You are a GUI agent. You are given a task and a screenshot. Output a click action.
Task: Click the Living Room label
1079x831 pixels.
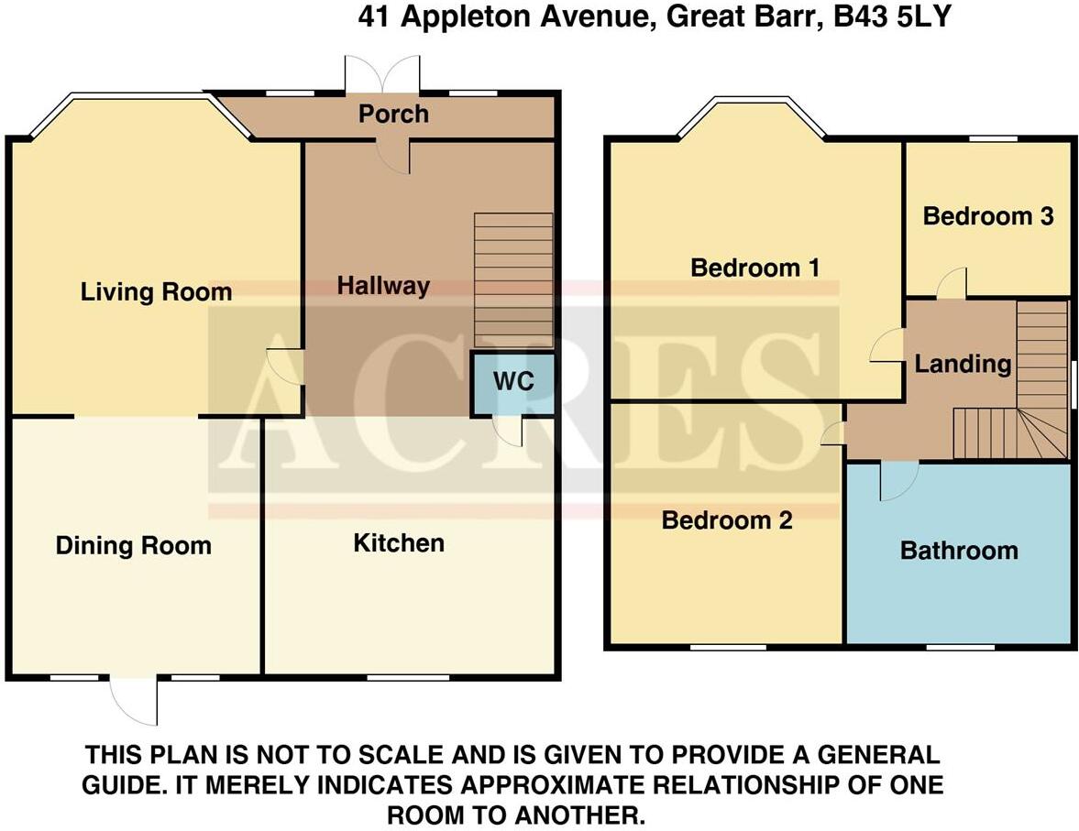tap(156, 292)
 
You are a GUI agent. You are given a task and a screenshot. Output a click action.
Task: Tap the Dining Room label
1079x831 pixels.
tap(134, 546)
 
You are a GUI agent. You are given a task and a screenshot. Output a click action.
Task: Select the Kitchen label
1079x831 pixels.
tap(399, 542)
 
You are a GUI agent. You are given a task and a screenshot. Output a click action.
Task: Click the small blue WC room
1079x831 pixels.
tap(513, 382)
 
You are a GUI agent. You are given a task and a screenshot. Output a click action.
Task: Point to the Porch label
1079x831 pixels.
tap(393, 114)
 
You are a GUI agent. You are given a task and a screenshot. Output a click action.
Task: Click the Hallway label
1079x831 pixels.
tap(382, 286)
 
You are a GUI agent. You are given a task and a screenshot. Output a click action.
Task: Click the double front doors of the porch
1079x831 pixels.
tap(382, 74)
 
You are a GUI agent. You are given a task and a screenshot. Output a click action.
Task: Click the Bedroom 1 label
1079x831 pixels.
tap(754, 268)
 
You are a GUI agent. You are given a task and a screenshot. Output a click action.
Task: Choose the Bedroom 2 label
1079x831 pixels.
tap(727, 520)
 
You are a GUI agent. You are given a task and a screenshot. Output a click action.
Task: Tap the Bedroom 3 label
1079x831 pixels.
tap(987, 216)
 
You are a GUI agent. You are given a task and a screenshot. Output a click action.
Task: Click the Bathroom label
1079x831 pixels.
tap(959, 550)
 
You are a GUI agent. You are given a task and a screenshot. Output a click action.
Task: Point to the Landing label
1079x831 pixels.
tap(962, 364)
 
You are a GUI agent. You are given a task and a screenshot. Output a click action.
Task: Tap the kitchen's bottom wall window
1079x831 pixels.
tap(395, 677)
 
